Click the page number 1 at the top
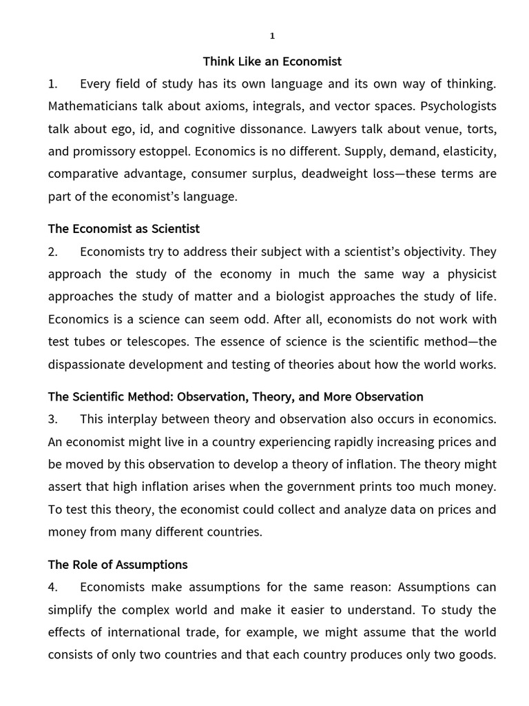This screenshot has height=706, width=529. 272,37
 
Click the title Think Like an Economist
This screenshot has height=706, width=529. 272,61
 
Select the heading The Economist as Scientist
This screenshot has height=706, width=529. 124,228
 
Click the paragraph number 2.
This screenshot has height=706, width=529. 53,252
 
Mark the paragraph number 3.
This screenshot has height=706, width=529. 53,419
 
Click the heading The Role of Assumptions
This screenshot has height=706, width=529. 118,564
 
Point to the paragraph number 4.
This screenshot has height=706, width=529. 53,587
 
